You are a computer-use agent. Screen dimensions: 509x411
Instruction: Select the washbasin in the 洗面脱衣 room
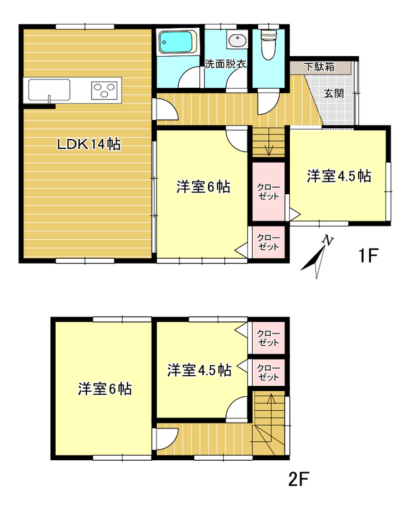[238, 41]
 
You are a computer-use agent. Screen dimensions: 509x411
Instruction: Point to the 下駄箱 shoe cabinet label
[319, 67]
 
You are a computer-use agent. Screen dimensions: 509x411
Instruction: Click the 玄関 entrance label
[334, 93]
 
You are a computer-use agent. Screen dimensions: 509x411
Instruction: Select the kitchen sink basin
[47, 89]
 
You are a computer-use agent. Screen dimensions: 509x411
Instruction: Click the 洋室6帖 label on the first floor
[203, 187]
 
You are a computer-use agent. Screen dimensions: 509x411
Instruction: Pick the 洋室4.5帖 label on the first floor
[339, 177]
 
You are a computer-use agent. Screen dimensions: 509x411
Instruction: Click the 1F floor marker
[368, 256]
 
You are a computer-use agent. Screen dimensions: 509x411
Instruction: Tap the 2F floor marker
[299, 478]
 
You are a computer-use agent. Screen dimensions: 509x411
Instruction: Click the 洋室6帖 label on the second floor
[104, 389]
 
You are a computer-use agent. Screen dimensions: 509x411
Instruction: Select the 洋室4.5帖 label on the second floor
[199, 370]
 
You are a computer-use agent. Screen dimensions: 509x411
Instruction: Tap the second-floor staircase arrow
[270, 401]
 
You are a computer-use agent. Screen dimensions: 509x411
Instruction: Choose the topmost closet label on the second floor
[269, 337]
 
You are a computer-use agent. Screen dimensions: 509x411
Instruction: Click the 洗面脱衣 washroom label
[225, 64]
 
